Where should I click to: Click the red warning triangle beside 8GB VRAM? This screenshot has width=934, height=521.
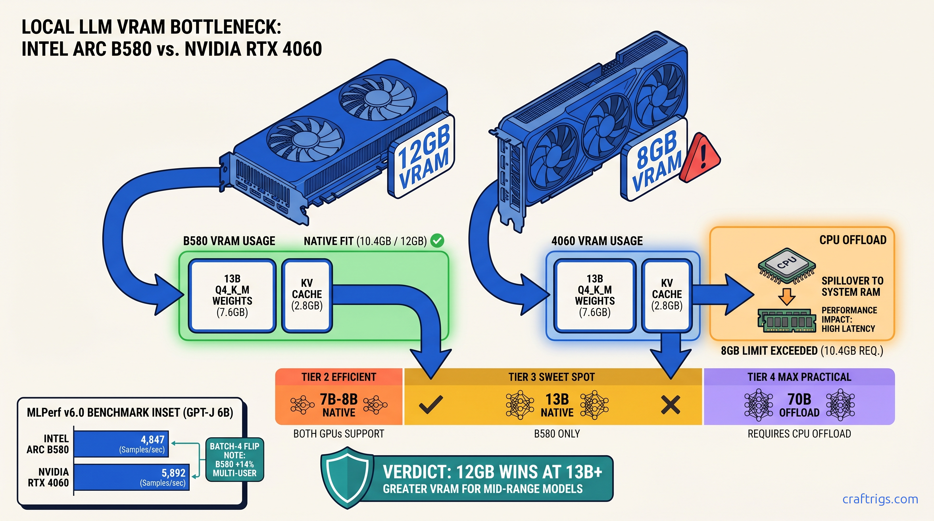pyautogui.click(x=699, y=159)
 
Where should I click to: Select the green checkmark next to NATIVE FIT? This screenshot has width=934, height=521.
pyautogui.click(x=437, y=240)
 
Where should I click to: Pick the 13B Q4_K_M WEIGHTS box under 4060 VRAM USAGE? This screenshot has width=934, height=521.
pyautogui.click(x=595, y=295)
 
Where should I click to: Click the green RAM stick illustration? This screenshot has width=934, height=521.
pyautogui.click(x=786, y=321)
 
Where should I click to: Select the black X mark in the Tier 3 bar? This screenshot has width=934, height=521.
pyautogui.click(x=670, y=405)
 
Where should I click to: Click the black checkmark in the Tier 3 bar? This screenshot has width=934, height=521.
pyautogui.click(x=431, y=404)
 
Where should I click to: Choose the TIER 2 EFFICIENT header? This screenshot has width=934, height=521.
pyautogui.click(x=339, y=377)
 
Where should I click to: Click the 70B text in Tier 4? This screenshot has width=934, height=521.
pyautogui.click(x=799, y=399)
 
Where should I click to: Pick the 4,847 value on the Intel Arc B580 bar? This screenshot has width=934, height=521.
pyautogui.click(x=152, y=440)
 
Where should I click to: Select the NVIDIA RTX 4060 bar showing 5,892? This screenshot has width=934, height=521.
pyautogui.click(x=131, y=477)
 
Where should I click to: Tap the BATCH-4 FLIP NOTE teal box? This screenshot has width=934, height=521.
pyautogui.click(x=235, y=459)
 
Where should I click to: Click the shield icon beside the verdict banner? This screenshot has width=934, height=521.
pyautogui.click(x=347, y=477)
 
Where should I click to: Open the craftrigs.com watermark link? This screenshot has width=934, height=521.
pyautogui.click(x=880, y=499)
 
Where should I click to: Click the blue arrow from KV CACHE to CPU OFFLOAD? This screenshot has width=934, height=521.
pyautogui.click(x=722, y=294)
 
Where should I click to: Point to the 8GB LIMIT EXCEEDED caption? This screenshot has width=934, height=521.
pyautogui.click(x=802, y=351)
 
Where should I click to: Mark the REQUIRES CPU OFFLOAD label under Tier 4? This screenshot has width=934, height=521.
pyautogui.click(x=799, y=434)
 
